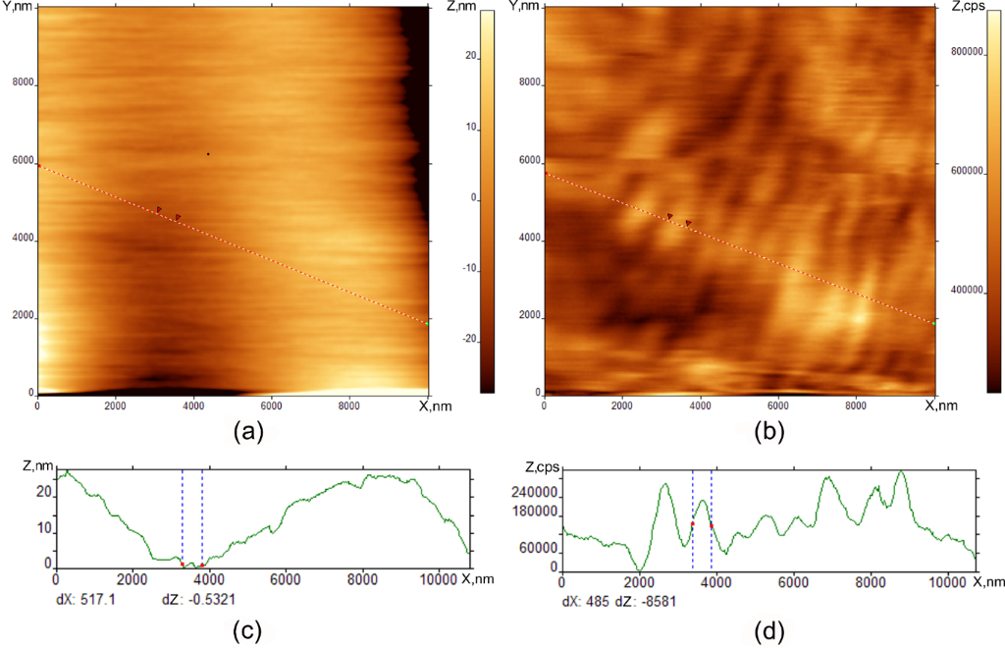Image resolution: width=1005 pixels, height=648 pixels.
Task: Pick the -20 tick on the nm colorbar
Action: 470,340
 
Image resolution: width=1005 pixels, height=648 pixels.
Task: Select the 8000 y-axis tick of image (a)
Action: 20,84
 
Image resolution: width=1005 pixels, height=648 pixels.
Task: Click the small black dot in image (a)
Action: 208,153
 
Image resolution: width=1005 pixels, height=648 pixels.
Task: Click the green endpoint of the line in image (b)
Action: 933,322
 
